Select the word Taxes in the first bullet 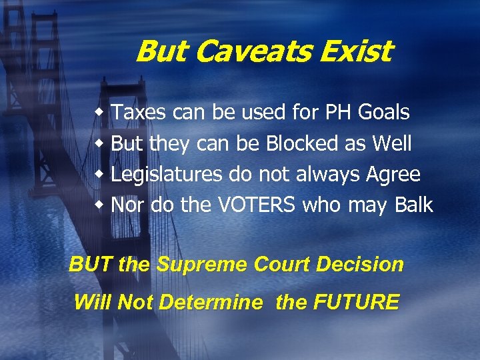(x=139, y=113)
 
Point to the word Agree (x=393, y=175)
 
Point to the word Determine (x=211, y=302)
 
